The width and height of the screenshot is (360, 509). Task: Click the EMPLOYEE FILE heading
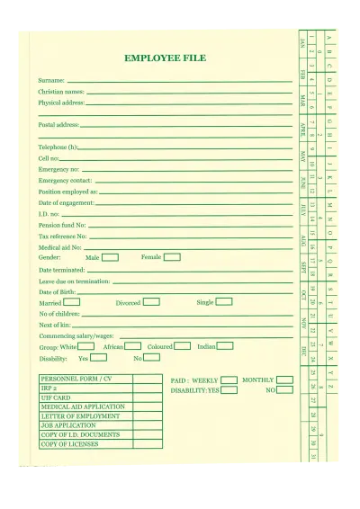click(x=165, y=58)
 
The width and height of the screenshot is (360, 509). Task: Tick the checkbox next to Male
click(x=110, y=257)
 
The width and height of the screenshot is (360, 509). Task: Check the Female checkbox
click(x=172, y=257)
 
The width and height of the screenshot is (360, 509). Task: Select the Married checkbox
click(x=71, y=302)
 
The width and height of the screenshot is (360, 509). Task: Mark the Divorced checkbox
click(x=151, y=302)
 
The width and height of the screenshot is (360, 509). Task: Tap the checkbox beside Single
click(x=224, y=302)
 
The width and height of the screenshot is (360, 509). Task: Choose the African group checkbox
click(x=132, y=346)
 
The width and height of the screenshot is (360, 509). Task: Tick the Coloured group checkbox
click(x=182, y=346)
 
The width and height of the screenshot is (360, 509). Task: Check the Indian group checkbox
click(x=225, y=346)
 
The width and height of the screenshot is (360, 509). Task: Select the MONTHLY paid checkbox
click(x=284, y=380)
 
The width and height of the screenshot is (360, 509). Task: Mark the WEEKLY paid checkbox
click(x=229, y=380)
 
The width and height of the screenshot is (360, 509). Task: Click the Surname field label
click(x=51, y=81)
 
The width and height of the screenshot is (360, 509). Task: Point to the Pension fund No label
click(x=62, y=225)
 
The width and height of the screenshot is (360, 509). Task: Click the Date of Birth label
click(x=57, y=292)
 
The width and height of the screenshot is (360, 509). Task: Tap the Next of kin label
click(x=54, y=325)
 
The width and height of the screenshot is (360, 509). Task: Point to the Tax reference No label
click(x=62, y=236)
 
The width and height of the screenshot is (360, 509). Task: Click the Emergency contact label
click(x=65, y=180)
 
